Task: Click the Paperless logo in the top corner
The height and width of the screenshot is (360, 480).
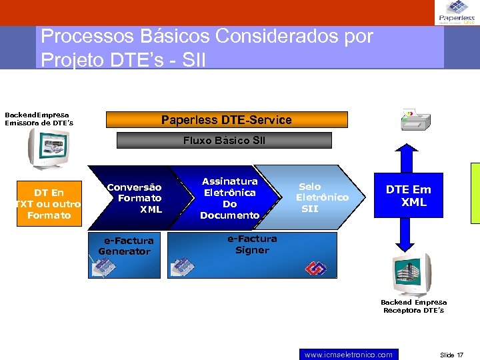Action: (x=457, y=12)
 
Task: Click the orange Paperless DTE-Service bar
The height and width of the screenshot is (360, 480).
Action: (x=227, y=120)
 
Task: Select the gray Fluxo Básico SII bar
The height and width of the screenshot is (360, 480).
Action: (x=224, y=141)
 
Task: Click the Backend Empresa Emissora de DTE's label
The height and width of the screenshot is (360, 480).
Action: (x=39, y=119)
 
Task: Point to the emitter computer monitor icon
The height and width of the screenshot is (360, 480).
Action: (x=48, y=148)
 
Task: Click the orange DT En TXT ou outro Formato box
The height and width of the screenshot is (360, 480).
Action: (x=49, y=203)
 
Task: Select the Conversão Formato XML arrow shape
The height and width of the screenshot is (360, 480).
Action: (x=137, y=198)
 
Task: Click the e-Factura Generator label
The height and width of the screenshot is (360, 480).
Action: (x=126, y=246)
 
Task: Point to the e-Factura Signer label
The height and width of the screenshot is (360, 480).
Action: (x=252, y=244)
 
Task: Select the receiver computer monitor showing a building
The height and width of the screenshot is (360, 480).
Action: (x=411, y=273)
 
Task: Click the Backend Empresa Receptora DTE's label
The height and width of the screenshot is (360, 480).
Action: (x=413, y=306)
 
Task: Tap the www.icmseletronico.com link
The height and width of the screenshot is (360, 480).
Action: (x=348, y=355)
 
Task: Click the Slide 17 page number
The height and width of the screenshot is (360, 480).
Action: (x=451, y=355)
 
